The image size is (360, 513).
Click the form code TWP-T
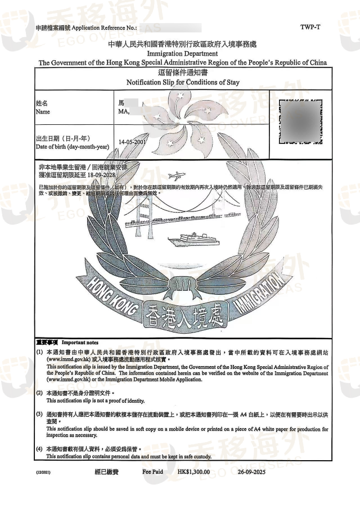pos(310,26)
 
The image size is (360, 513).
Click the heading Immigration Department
pos(180,53)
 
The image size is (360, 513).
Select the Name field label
pos(43,112)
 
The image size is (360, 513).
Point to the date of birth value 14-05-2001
pos(133,142)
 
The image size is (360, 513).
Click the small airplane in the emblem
pos(178,175)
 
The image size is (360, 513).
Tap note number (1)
pos(39,352)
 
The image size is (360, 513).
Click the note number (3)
pos(39,414)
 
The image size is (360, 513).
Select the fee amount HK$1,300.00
pos(193,471)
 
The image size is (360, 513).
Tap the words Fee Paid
pos(152,471)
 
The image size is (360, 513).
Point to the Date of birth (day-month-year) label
pos(72,147)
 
